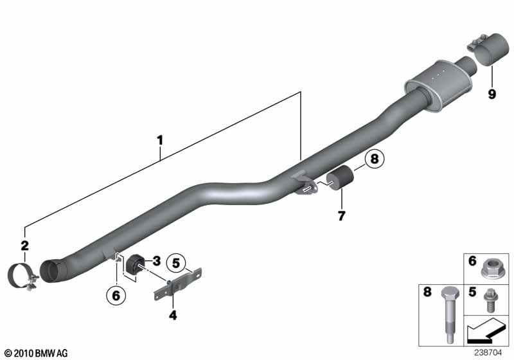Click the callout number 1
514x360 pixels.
[160, 140]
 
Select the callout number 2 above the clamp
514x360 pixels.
[25, 246]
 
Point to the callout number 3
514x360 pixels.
[157, 261]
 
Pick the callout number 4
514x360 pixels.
[173, 316]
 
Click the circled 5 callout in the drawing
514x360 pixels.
[176, 263]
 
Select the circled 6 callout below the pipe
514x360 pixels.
[116, 296]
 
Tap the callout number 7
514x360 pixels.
[342, 216]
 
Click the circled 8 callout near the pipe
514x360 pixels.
[375, 159]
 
